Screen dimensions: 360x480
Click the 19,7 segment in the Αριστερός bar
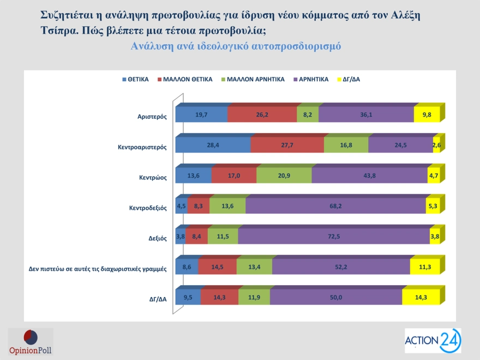201,115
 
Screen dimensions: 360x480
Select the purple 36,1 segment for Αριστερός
366,115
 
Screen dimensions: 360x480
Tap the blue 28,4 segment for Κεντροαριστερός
213,145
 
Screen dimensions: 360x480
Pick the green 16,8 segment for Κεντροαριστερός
346,145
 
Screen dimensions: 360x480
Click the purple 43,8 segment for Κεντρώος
369,176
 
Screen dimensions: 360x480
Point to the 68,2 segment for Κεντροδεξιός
335,206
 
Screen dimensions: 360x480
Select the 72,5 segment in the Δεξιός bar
334,237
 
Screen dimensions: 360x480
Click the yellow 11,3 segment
425,267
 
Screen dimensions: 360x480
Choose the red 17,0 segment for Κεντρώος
233,176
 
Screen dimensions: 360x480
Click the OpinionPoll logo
31,342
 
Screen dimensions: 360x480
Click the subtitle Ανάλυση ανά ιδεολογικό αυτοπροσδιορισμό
236,46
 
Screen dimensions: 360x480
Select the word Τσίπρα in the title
58,31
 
